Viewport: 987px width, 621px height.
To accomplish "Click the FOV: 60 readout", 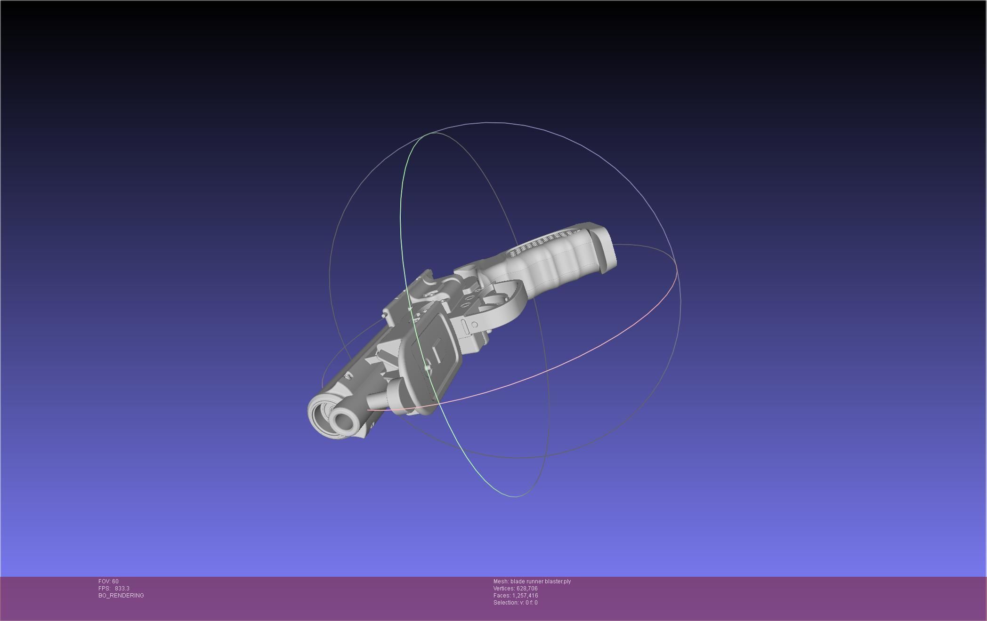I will tap(108, 581).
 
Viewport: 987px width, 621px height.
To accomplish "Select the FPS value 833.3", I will tap(122, 589).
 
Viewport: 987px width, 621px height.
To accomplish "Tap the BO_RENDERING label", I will tap(121, 596).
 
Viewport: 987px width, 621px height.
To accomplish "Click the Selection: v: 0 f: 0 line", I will tap(515, 603).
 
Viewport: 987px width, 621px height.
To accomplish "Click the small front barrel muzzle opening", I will tap(342, 418).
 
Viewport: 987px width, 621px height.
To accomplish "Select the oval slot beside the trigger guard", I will tap(464, 326).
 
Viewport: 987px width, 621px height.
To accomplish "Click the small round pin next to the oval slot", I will tap(475, 325).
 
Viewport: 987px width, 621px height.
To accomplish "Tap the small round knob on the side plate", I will tap(427, 367).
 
